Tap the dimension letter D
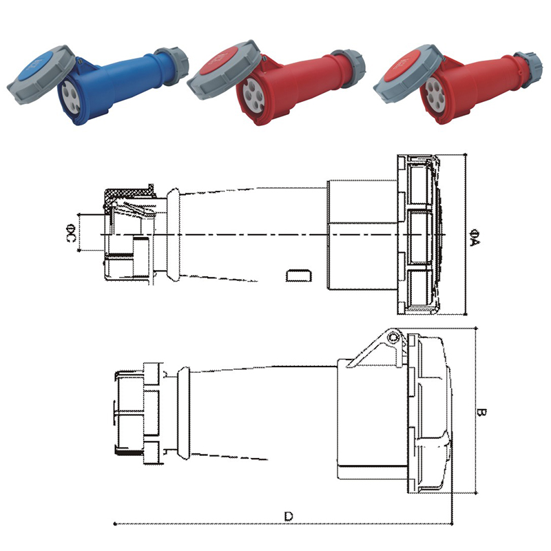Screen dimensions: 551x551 pyautogui.click(x=289, y=516)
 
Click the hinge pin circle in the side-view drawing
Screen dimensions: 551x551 pyautogui.click(x=393, y=337)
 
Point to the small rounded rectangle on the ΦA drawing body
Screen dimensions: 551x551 pyautogui.click(x=298, y=276)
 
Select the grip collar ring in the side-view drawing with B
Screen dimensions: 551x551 pyautogui.click(x=183, y=413)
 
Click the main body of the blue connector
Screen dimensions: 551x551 pyautogui.click(x=121, y=76)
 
